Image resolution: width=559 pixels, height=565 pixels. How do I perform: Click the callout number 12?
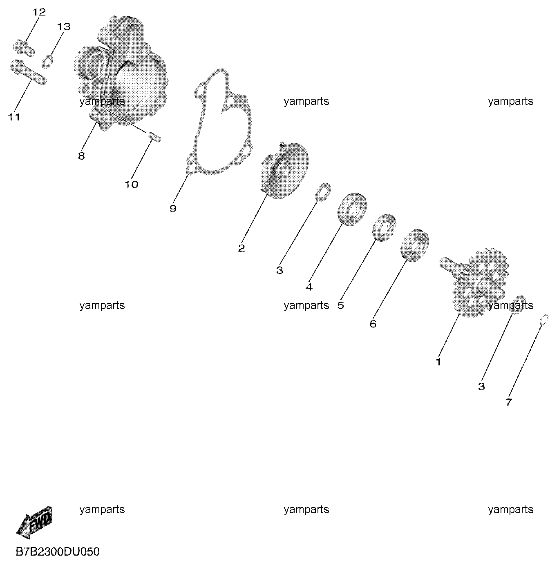pos(39,12)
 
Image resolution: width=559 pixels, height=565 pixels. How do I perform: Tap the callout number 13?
pos(64,27)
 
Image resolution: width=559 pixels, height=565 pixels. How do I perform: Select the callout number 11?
pos(14,117)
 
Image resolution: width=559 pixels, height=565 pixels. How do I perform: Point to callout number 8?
pos(81,156)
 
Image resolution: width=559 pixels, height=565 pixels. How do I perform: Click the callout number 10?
pos(131,185)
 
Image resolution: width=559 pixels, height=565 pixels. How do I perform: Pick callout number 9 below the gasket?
pos(173,209)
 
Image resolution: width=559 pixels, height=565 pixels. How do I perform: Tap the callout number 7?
pos(509,402)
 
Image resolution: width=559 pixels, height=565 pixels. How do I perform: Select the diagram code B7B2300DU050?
pos(58,552)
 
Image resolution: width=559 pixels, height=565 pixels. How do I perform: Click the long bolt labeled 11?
pos(28,72)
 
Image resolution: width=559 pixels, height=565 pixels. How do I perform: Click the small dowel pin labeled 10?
pos(154,137)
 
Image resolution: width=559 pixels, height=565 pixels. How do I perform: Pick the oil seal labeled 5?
pos(384,228)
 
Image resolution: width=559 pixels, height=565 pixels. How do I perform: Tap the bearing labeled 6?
pos(415,245)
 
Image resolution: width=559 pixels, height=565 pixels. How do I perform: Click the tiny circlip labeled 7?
pos(544,320)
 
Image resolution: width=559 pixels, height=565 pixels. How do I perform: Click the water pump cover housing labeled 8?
pos(121,73)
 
